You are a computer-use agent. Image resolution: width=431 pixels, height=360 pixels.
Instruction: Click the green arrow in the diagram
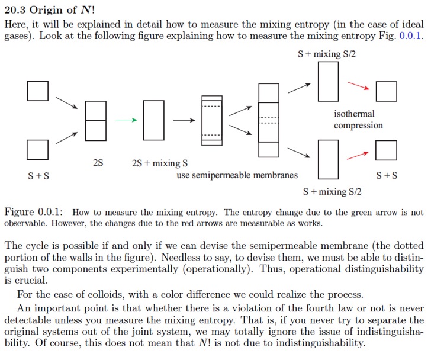pos(126,120)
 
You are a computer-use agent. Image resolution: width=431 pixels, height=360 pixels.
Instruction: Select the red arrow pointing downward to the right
pos(358,86)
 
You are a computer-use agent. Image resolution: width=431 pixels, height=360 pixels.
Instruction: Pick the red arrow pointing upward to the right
pos(358,156)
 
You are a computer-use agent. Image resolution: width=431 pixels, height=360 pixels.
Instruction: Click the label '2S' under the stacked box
pos(98,163)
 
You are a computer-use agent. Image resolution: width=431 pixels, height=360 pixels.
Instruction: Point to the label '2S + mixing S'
pos(160,163)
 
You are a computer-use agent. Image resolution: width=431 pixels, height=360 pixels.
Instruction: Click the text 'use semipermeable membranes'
pos(237,175)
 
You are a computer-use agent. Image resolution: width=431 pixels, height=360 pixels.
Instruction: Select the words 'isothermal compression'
pos(358,120)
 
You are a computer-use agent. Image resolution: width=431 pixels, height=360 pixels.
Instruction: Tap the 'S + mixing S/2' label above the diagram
pos(327,54)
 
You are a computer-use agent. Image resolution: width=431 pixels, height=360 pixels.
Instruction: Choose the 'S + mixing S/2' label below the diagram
pos(332,191)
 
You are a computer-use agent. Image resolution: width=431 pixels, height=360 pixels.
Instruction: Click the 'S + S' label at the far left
pos(38,176)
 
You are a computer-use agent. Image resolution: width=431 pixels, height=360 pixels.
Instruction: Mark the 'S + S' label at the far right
pos(387,175)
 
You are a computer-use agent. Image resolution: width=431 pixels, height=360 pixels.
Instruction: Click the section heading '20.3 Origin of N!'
pos(50,10)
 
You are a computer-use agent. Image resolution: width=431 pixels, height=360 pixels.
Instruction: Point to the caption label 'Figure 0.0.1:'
pos(34,212)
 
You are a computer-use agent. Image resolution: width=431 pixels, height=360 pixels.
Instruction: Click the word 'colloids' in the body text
pos(105,294)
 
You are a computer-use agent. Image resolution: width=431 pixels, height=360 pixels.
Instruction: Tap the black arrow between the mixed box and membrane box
pos(184,120)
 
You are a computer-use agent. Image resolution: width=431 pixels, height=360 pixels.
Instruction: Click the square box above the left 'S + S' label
pos(38,150)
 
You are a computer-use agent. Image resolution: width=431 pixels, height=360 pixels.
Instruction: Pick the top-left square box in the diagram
pos(38,91)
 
